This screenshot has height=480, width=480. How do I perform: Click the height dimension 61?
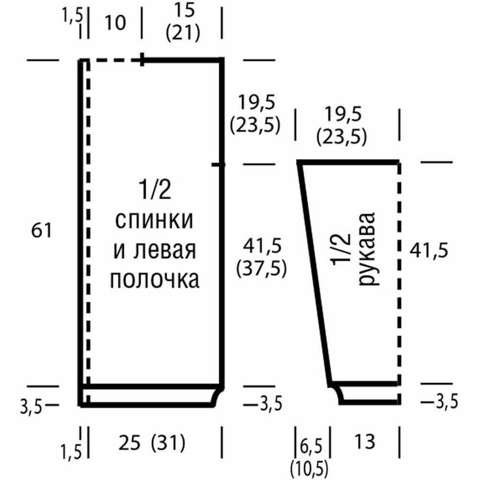pos(42,230)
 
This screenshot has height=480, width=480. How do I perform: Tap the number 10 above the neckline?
pos(115,23)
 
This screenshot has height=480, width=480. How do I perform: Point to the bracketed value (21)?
pos(183,33)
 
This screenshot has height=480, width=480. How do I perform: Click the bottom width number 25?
pos(130,443)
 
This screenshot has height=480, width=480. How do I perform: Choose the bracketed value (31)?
pos(168,443)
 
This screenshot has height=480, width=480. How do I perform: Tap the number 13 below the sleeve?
pos(365,442)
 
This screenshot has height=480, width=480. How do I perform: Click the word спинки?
pos(155,220)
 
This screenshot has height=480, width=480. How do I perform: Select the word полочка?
pos(155,280)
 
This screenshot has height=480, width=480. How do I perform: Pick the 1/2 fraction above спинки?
pos(155,190)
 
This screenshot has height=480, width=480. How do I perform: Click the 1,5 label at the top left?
pos(73,15)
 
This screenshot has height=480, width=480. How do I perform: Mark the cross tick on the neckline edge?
pos(142,59)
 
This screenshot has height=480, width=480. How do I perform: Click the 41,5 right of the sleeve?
pos(428,250)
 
